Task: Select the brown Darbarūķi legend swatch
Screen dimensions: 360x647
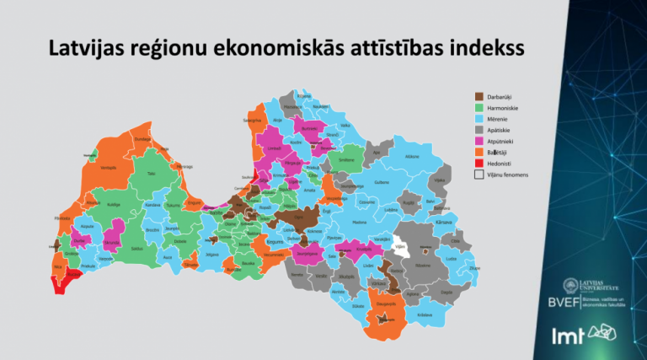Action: coord(479,97)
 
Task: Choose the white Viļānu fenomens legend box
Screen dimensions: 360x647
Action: coord(479,175)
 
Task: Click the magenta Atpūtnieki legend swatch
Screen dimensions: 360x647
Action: coord(479,141)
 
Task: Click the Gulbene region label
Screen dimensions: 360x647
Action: coord(381,181)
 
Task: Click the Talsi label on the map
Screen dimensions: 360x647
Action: coord(151,174)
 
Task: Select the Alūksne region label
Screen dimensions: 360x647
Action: coord(411,157)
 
